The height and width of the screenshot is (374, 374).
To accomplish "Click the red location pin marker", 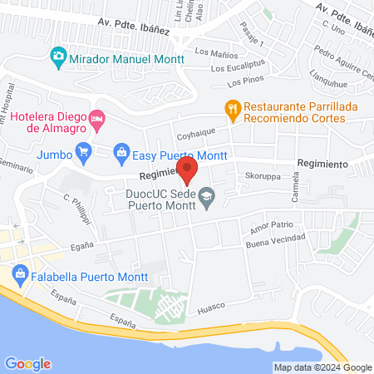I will point(188,170).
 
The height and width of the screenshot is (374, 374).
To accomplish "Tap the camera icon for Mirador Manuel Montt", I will point(58,57).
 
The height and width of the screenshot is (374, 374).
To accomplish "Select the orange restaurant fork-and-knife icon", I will point(234,107).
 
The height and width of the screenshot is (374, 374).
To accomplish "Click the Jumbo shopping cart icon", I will point(82,152).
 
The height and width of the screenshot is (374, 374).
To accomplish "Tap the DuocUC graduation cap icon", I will point(208,196).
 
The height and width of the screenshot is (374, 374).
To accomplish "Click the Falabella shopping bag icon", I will point(18,272).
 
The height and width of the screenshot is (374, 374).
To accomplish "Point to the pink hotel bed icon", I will point(97,119).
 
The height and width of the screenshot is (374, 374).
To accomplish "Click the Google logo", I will point(27,363).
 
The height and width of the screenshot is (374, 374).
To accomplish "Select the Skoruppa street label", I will point(262,177).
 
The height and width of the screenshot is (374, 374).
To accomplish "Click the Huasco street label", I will point(211,310).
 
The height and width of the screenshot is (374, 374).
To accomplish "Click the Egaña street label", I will point(81,246).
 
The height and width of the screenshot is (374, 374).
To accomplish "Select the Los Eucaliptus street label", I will point(240,67).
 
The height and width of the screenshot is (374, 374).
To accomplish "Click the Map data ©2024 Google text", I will point(323,367).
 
